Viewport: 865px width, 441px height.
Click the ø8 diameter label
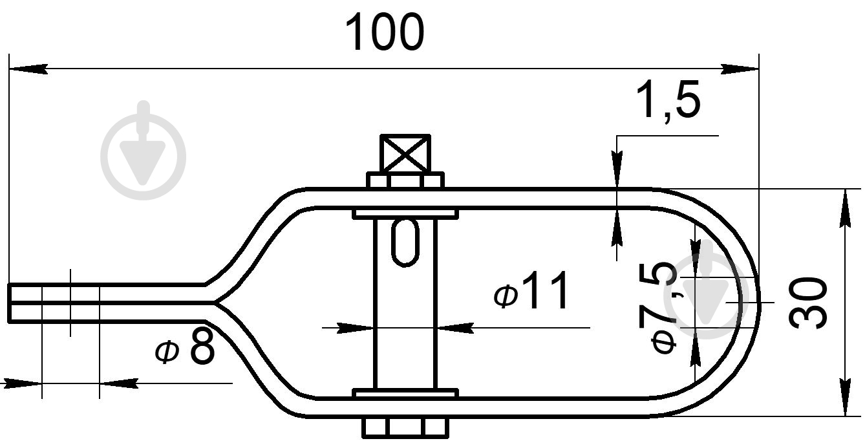(186, 349)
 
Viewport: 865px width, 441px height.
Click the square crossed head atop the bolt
(405, 154)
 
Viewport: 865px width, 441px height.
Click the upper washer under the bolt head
(405, 180)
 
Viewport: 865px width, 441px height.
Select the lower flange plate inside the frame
(405, 393)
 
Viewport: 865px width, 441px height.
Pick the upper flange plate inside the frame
(405, 212)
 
